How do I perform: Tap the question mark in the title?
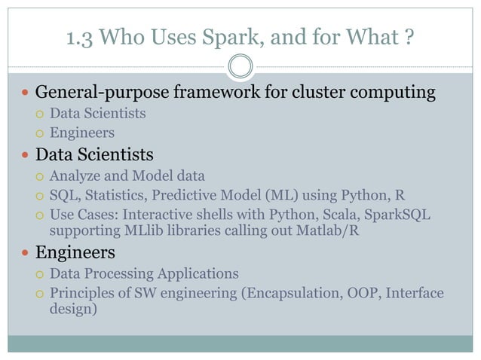click(x=410, y=35)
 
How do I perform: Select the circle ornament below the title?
click(x=240, y=66)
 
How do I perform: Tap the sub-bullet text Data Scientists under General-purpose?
click(x=97, y=114)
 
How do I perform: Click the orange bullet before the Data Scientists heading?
click(x=26, y=156)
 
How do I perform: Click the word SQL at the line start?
click(x=63, y=196)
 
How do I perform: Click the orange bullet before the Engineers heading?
click(x=26, y=252)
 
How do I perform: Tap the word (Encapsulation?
click(x=304, y=293)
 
